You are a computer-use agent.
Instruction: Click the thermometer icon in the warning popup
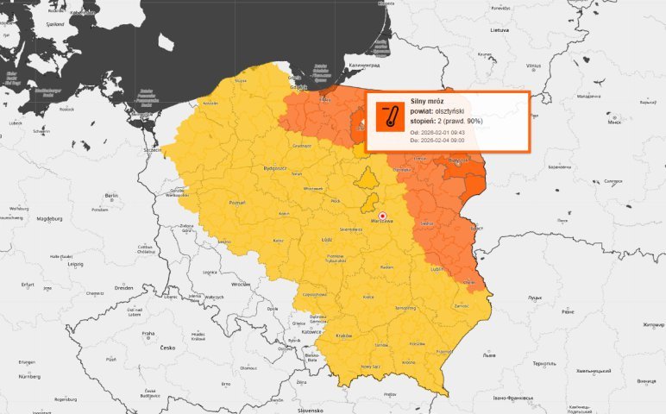point(389,116)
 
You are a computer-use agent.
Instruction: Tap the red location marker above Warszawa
point(382,216)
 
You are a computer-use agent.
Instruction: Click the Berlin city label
point(110,197)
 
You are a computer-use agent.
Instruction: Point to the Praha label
point(148,333)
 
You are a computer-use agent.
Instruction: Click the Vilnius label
point(533,66)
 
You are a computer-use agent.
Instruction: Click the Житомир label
point(650,325)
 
